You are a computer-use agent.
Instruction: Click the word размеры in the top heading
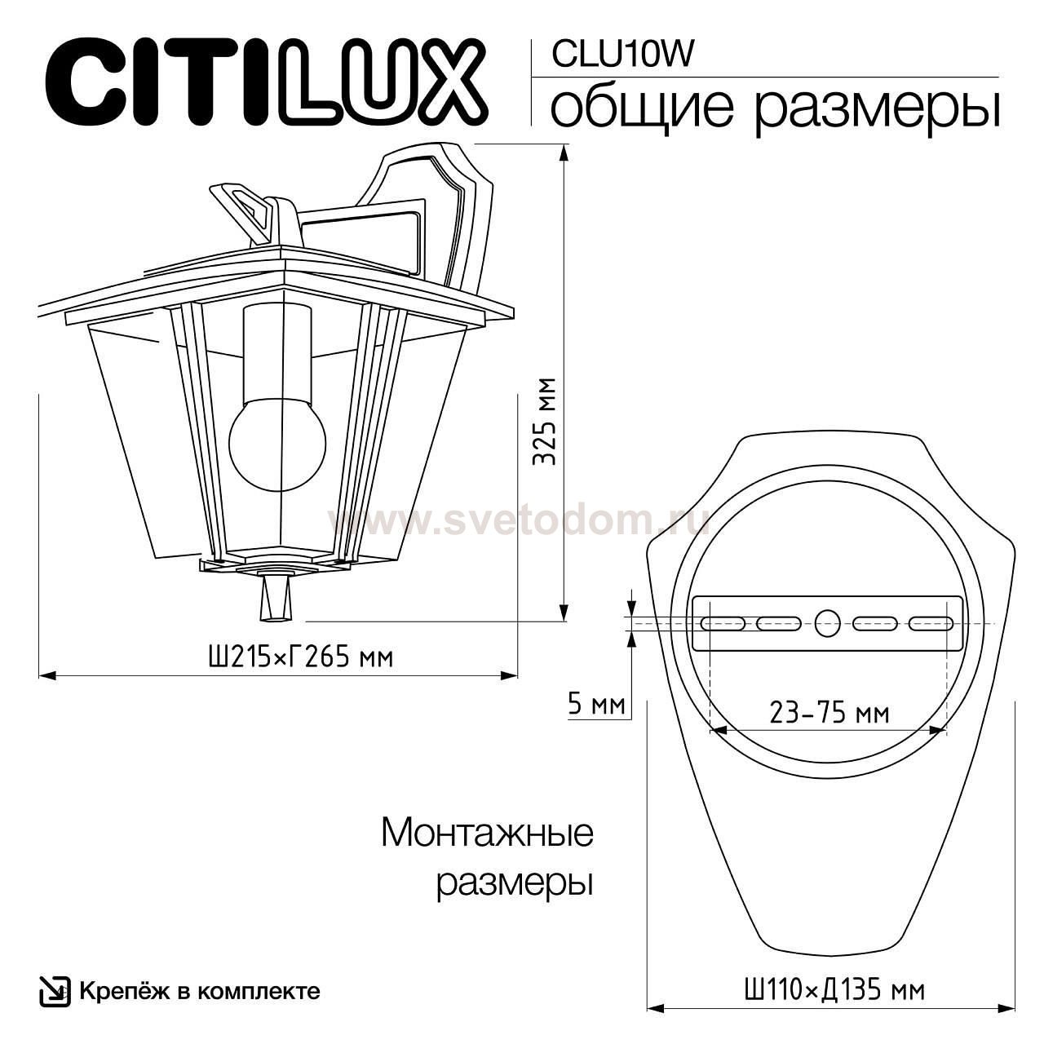(x=877, y=108)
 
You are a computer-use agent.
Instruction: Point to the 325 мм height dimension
(x=544, y=421)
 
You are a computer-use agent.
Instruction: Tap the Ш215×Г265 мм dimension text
(x=301, y=657)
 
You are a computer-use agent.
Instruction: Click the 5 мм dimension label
(x=596, y=704)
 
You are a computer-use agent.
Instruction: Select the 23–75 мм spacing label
(x=829, y=713)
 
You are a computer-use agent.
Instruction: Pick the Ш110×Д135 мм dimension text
(x=834, y=991)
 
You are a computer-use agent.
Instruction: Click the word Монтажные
(x=487, y=834)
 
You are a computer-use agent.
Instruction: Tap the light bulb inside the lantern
(x=277, y=443)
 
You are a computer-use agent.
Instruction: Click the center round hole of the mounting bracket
(x=827, y=624)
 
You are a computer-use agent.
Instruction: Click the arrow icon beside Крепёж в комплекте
(x=54, y=991)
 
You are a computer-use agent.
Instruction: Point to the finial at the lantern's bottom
(x=274, y=601)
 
